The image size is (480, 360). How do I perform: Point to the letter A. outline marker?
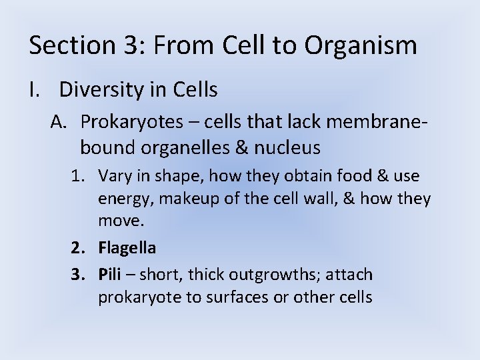pyautogui.click(x=61, y=121)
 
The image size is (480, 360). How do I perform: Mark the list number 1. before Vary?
pyautogui.click(x=79, y=176)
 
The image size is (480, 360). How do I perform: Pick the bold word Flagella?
pyautogui.click(x=127, y=248)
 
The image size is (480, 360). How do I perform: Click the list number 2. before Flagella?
pyautogui.click(x=79, y=248)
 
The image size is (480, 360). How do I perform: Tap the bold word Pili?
pyautogui.click(x=110, y=275)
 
